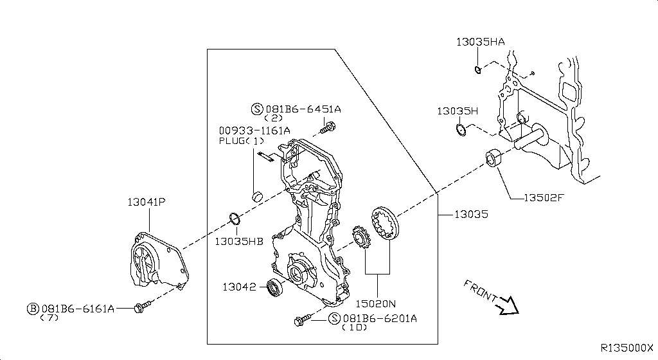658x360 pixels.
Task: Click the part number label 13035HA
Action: tap(481, 42)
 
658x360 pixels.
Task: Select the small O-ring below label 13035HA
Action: tap(478, 69)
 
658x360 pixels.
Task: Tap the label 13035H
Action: tap(458, 111)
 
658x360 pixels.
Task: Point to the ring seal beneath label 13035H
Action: tap(461, 130)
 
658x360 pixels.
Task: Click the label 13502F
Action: tap(544, 197)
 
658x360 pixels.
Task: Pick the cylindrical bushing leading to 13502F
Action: tap(494, 157)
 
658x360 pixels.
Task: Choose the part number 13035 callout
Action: tap(471, 215)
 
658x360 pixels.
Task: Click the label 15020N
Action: tap(375, 303)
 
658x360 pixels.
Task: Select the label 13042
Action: tap(239, 287)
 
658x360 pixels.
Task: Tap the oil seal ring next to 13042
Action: tap(275, 287)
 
